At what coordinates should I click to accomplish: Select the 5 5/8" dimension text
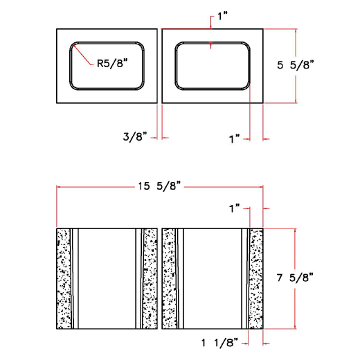pos(296,65)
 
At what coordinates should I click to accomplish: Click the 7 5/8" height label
pos(296,278)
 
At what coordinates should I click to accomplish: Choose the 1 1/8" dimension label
pos(219,341)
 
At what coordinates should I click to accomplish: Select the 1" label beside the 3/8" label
pos(234,138)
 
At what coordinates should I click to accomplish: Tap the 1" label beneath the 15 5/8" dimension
pos(234,207)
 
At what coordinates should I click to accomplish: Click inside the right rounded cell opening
pos(211,66)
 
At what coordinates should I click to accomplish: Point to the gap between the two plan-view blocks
pos(159,66)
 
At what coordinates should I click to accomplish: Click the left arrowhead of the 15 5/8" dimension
pos(60,187)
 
